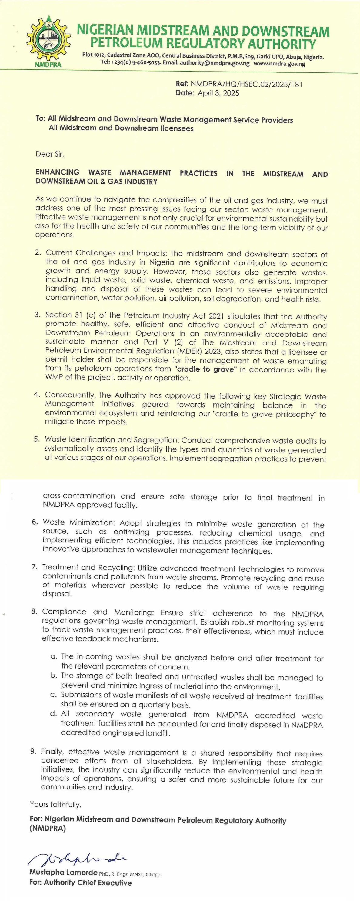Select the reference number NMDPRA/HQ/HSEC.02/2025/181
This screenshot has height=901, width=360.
click(246, 84)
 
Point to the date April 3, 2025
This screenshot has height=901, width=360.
click(218, 93)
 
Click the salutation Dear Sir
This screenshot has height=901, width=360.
click(50, 154)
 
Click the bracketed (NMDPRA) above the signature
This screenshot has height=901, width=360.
click(48, 829)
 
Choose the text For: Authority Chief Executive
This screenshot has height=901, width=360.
click(81, 883)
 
